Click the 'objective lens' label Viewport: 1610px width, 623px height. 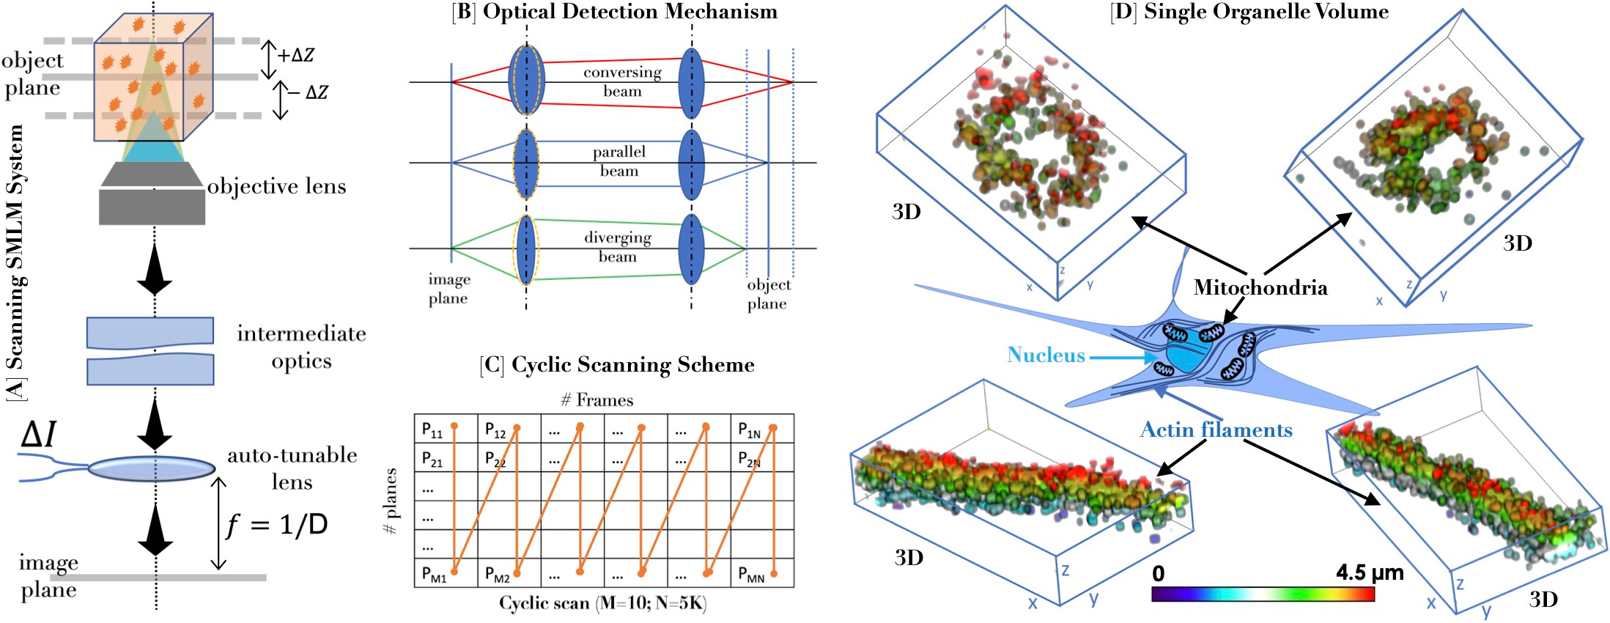(276, 186)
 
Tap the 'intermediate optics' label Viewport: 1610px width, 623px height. (301, 347)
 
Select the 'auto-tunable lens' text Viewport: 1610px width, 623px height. (292, 468)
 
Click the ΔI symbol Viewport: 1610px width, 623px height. (39, 434)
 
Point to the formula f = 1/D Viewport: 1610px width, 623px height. (277, 525)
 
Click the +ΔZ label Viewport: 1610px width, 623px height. (296, 55)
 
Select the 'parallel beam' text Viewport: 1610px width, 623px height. (619, 161)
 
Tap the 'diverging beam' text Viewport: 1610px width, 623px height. (618, 247)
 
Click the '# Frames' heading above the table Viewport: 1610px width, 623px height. (597, 400)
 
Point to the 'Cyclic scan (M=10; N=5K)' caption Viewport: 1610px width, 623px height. (602, 603)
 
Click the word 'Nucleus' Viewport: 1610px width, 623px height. (1046, 355)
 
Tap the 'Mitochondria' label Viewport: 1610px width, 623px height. (1260, 287)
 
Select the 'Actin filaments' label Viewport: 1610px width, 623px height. (1216, 430)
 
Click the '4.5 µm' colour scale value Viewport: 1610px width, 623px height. (1370, 572)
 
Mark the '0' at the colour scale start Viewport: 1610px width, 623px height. (1158, 573)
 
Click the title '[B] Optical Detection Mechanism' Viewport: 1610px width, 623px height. (615, 12)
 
